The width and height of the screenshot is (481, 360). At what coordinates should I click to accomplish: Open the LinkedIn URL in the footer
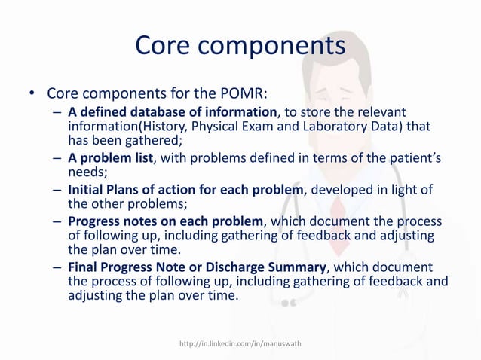coord(240,344)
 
